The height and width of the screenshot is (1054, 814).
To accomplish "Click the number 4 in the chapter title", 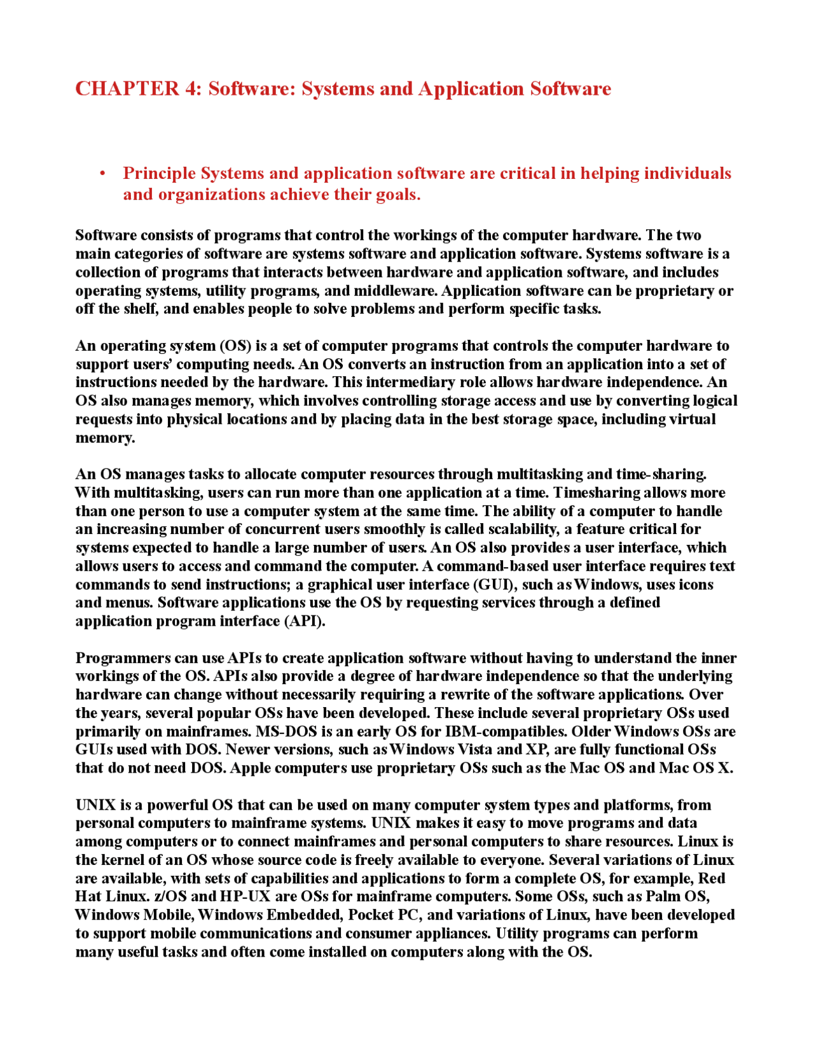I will coord(191,88).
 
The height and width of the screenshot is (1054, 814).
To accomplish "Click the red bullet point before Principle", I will coord(102,174).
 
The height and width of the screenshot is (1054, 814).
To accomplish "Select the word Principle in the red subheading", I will coord(159,173).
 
